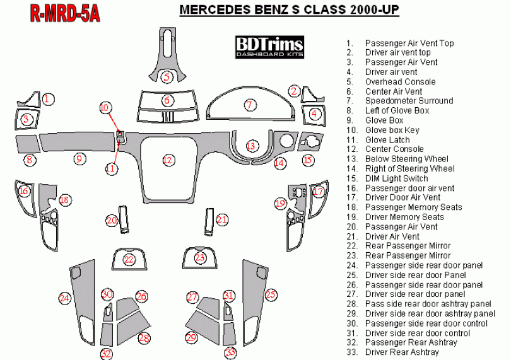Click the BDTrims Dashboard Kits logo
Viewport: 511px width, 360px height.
tap(269, 47)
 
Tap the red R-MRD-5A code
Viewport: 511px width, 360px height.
tap(65, 13)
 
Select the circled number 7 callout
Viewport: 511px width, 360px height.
tap(250, 105)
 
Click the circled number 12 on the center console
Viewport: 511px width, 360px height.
tap(168, 160)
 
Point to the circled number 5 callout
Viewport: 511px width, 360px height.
tap(167, 77)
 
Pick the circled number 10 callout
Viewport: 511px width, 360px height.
tap(105, 108)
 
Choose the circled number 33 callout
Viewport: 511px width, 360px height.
tap(230, 352)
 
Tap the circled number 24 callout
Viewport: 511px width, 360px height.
tap(64, 298)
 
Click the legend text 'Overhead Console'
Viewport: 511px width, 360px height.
tap(400, 82)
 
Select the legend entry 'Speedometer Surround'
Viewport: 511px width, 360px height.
tap(409, 101)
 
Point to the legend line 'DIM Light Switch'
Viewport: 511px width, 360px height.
tap(396, 178)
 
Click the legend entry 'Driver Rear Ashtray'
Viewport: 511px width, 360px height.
tap(402, 352)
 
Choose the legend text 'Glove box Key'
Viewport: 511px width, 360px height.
tap(392, 130)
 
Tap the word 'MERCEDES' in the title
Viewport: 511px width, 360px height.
tap(214, 9)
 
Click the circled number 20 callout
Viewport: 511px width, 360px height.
tap(112, 221)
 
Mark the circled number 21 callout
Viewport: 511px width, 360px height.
tap(222, 219)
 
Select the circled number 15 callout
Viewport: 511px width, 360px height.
tap(308, 160)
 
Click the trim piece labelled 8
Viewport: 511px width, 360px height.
tap(28, 144)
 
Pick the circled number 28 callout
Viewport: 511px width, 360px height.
tap(144, 338)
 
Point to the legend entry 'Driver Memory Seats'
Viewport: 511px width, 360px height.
tap(404, 217)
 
